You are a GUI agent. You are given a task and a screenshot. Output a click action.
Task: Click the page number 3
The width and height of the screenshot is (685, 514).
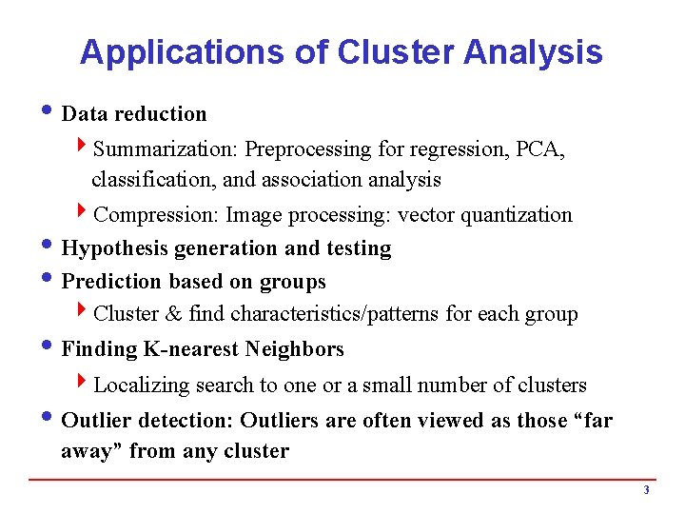coord(646,491)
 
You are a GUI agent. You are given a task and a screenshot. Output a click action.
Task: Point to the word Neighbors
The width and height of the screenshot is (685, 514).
coord(294,349)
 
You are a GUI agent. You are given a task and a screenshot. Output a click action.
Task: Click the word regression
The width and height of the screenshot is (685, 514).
coord(446,149)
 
